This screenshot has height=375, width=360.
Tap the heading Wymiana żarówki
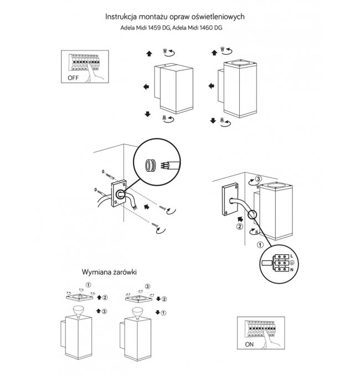pos(109,273)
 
